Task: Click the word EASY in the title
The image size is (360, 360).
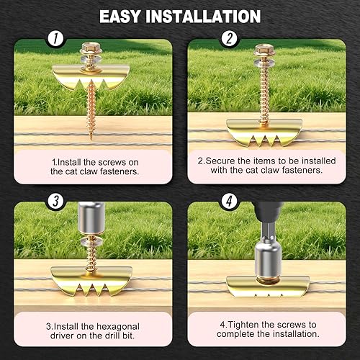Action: click(x=120, y=17)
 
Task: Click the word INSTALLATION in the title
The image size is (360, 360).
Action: click(x=203, y=17)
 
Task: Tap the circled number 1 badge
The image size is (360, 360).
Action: click(x=55, y=38)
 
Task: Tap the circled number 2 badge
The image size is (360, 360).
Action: click(x=230, y=38)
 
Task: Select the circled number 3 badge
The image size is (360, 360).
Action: click(x=55, y=201)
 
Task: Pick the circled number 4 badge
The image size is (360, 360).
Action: click(x=230, y=201)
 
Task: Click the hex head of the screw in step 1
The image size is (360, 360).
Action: click(x=91, y=48)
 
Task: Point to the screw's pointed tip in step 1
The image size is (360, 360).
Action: click(x=91, y=138)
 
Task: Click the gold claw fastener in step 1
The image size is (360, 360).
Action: click(x=91, y=77)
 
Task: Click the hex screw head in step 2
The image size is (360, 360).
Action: click(x=264, y=50)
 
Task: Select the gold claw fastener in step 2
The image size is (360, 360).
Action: click(x=264, y=132)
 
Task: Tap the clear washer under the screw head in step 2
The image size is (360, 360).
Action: click(x=264, y=62)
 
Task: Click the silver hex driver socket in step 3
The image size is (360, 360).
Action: click(x=91, y=218)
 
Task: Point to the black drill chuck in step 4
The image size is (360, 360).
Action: click(x=267, y=211)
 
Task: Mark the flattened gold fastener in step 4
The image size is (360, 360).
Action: click(x=268, y=286)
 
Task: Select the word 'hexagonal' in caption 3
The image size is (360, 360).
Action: click(x=118, y=327)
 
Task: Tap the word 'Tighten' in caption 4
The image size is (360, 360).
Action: click(x=243, y=325)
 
